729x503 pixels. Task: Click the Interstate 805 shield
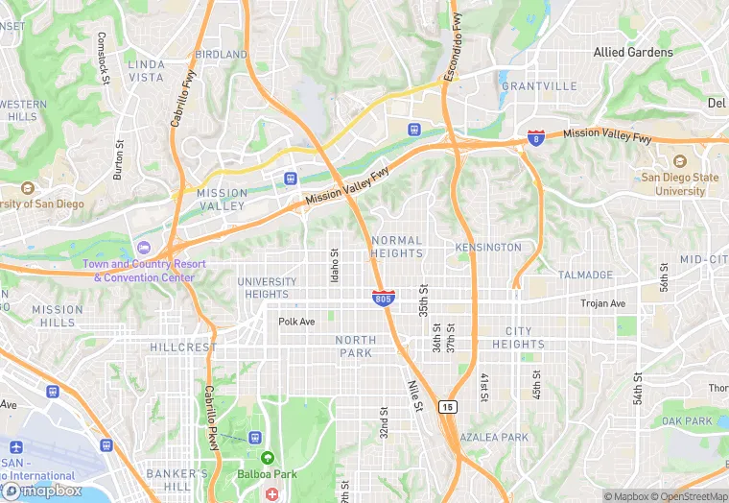[383, 299]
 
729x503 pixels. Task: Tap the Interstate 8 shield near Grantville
[535, 138]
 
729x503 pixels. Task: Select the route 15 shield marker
[448, 408]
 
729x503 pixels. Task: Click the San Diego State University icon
[680, 161]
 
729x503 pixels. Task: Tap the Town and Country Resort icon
[144, 249]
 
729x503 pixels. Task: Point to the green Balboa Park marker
[267, 458]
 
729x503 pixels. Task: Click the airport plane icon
[16, 447]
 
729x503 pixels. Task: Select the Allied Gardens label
[633, 52]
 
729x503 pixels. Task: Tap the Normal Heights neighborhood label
[396, 247]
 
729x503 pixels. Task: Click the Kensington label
[488, 248]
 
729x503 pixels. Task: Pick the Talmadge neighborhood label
[585, 275]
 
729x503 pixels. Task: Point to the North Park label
[356, 347]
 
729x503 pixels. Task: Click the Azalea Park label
[494, 438]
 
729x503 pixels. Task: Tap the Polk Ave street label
[296, 322]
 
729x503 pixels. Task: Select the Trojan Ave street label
[602, 303]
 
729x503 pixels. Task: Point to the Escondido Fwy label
[453, 46]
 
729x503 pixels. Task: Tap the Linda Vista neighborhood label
[146, 70]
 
